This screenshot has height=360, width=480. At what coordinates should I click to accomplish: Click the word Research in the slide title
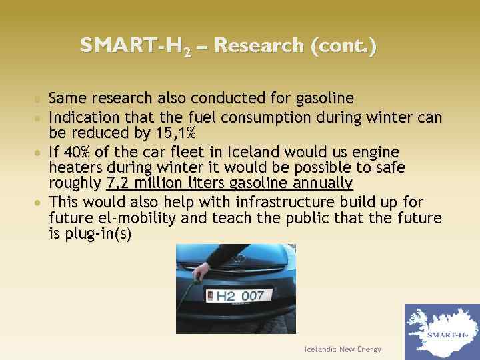click(x=259, y=46)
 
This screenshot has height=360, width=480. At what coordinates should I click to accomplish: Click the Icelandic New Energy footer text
click(x=341, y=349)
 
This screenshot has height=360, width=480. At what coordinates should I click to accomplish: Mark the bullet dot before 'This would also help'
click(x=41, y=202)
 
